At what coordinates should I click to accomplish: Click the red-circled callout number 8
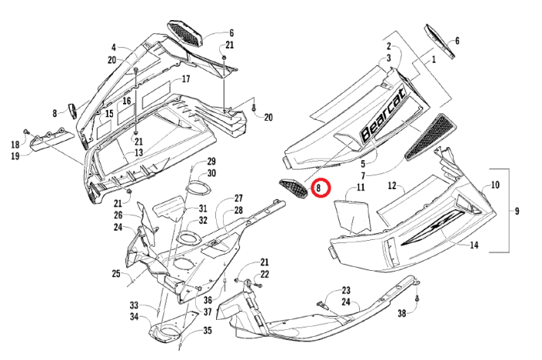pyautogui.click(x=320, y=188)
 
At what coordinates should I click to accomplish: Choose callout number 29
pyautogui.click(x=211, y=162)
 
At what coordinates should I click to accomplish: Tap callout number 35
pyautogui.click(x=207, y=331)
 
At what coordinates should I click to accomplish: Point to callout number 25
pyautogui.click(x=115, y=273)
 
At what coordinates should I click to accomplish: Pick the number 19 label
pyautogui.click(x=15, y=156)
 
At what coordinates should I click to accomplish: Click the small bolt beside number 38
pyautogui.click(x=417, y=299)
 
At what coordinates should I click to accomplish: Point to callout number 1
pyautogui.click(x=434, y=59)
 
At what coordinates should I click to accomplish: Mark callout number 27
pyautogui.click(x=238, y=199)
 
